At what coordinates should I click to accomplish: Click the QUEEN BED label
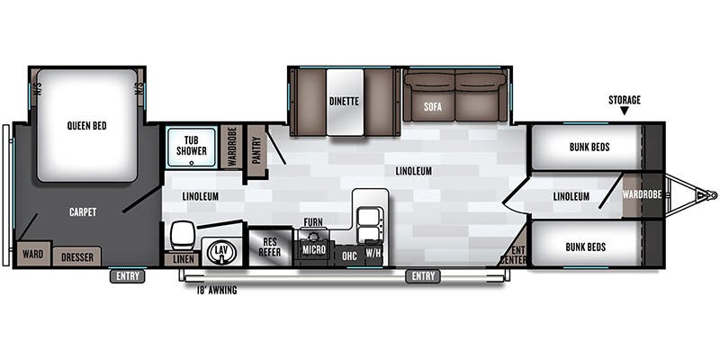click(x=86, y=126)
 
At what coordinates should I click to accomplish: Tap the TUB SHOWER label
click(x=191, y=145)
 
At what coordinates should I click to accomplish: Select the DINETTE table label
click(x=344, y=102)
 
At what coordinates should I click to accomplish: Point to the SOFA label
click(x=433, y=109)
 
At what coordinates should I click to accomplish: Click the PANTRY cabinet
click(x=256, y=149)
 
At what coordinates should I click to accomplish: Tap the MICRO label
click(x=313, y=249)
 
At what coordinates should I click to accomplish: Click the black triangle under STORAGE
click(x=624, y=112)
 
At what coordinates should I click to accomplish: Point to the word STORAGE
click(x=624, y=100)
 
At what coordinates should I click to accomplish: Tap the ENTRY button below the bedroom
click(x=128, y=276)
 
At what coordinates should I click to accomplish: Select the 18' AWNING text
click(x=216, y=291)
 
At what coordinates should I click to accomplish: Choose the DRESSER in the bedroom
click(x=76, y=256)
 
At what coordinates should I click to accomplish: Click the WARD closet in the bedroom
click(x=32, y=254)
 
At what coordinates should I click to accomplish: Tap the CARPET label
click(x=82, y=212)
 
